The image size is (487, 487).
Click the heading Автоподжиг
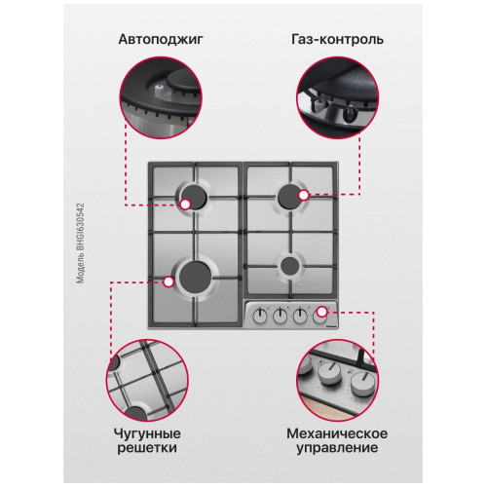pos(161,39)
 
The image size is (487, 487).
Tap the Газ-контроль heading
pos(337,39)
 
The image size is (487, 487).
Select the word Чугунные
pos(147,434)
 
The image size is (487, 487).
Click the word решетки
pos(147,448)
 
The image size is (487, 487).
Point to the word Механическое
pos(337,434)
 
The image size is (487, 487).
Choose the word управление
pos(337,448)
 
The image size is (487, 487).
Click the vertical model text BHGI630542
pos(80,243)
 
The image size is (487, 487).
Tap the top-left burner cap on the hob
pos(194,197)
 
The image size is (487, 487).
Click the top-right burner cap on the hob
pos(290,197)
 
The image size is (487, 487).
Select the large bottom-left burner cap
pos(195,277)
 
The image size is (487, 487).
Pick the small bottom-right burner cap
pos(290,266)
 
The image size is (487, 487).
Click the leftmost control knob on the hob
pos(260,316)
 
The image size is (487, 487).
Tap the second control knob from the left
pos(280,316)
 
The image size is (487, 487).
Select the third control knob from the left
pos(300,316)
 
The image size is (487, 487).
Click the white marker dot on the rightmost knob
pos(321,312)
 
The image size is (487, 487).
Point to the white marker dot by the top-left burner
pos(185,205)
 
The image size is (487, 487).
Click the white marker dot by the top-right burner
pos(304,195)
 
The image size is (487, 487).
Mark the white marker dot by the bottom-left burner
pos(169,281)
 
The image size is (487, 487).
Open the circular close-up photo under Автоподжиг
pos(161,97)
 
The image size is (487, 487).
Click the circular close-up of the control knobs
pos(337,381)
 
